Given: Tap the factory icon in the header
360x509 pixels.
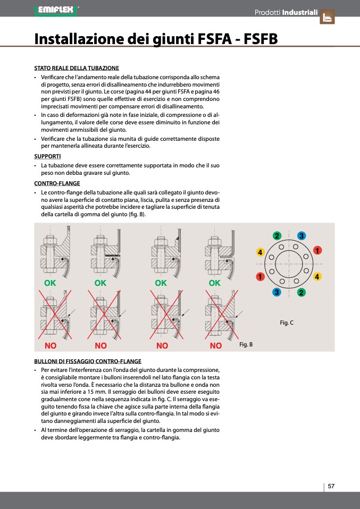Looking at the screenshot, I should (x=327, y=17).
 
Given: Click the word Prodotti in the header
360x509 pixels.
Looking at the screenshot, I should (x=267, y=12).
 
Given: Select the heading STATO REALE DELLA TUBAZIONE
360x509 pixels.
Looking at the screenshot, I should (x=77, y=69).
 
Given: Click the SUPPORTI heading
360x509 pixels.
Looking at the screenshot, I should (x=47, y=157).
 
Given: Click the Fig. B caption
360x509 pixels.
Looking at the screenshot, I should (x=246, y=345).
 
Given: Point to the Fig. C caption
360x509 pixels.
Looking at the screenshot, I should (x=287, y=323).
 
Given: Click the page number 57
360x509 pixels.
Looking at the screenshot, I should (x=331, y=486).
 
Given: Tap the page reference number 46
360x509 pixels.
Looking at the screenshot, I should (x=216, y=91).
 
